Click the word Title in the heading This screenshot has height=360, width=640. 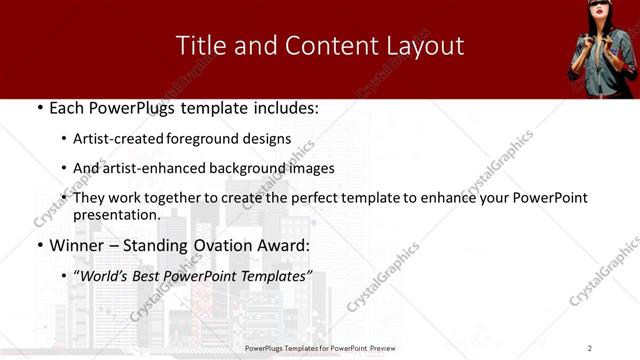pos(199,46)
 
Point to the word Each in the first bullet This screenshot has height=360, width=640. pos(66,108)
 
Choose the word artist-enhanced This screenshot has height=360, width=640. pos(145,168)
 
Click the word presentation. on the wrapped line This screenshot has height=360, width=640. pos(116,214)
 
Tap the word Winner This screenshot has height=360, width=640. pos(78,245)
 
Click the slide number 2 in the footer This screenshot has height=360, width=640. pos(590,347)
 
